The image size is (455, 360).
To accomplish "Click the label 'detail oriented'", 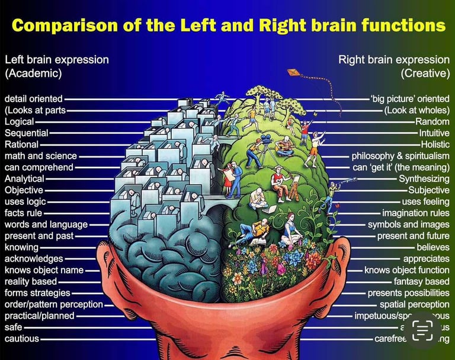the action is (x=34, y=99).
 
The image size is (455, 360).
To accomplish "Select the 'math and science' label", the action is (x=40, y=156).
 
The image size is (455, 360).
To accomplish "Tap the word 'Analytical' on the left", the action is (x=24, y=179).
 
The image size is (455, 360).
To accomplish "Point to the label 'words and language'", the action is (x=46, y=224).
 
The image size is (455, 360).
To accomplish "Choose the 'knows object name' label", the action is (x=44, y=270).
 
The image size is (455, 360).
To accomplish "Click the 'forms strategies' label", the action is (x=37, y=293).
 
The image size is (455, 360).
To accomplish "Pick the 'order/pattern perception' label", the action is (x=53, y=304).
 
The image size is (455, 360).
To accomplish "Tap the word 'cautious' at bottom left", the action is (x=22, y=339).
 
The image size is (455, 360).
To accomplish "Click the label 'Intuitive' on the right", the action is (x=434, y=133).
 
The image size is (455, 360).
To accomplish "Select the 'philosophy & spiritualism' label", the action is (x=400, y=156).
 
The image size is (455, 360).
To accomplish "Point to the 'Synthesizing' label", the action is (x=424, y=179).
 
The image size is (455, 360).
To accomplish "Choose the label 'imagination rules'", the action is (x=415, y=213).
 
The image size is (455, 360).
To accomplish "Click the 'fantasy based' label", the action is (x=421, y=282).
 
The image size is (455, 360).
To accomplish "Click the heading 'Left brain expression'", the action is (x=57, y=60).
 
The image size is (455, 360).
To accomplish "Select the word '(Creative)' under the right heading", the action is (x=425, y=73).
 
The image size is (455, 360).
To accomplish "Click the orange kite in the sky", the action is (x=294, y=73).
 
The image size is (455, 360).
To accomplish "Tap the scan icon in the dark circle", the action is (x=422, y=331).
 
